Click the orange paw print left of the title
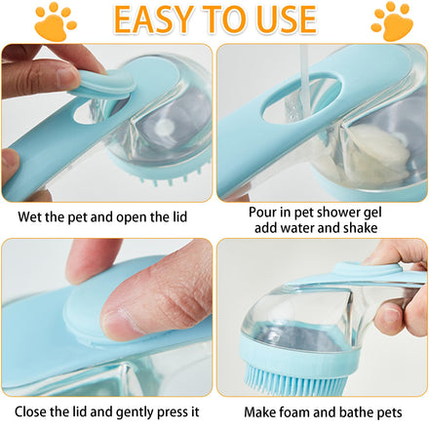coord(56,22)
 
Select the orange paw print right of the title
coord(392,21)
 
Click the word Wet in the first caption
coord(30,216)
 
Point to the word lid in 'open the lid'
coord(179,216)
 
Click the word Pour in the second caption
coord(262,212)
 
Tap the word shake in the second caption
coord(361,227)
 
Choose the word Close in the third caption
coord(30,411)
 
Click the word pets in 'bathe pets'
coord(389,412)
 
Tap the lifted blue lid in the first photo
coord(104,84)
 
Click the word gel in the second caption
coord(372,213)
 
